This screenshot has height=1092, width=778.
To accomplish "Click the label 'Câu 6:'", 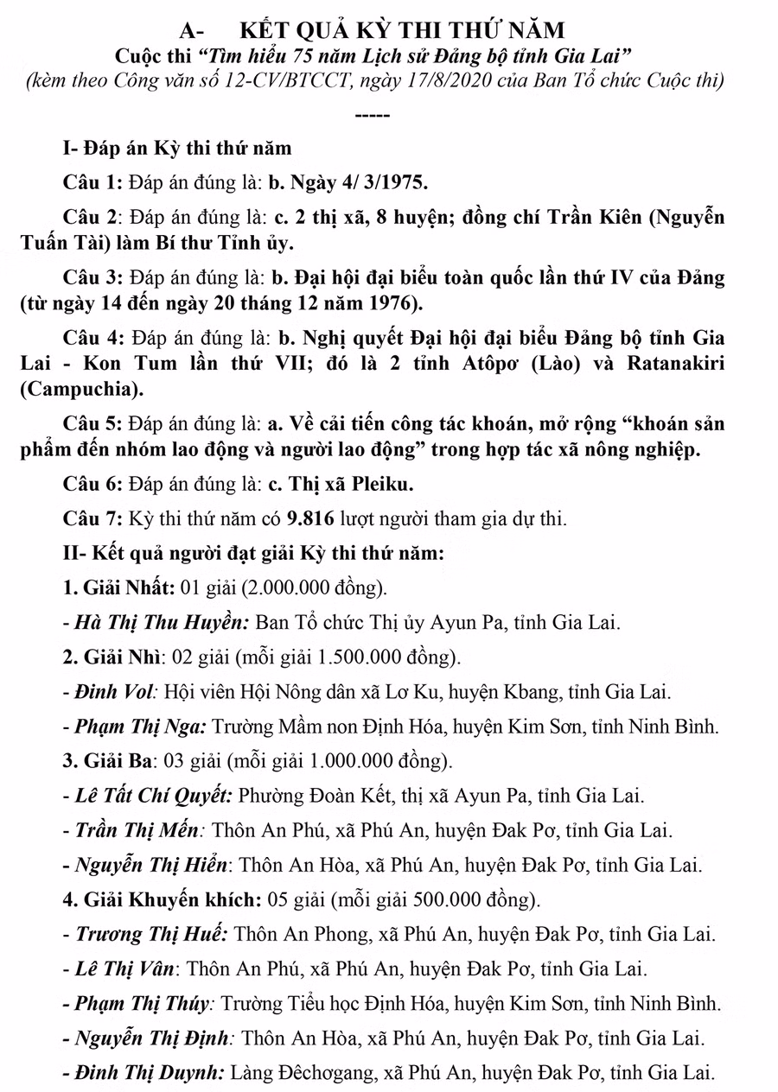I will [x=93, y=485].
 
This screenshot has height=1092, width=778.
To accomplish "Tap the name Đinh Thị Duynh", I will [x=149, y=1073].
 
